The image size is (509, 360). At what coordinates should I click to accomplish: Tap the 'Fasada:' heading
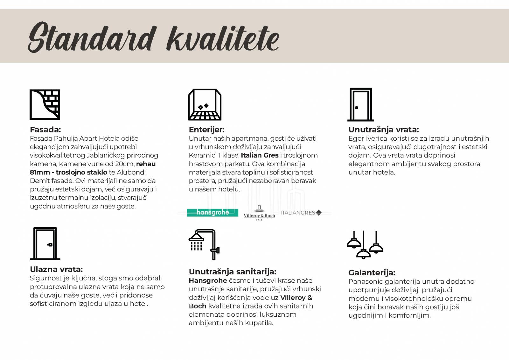click(x=45, y=130)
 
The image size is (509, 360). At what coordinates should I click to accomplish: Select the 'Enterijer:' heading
click(x=206, y=130)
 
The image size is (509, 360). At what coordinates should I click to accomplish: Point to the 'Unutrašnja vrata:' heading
click(x=383, y=130)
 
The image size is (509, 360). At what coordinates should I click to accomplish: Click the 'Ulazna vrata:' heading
click(x=56, y=269)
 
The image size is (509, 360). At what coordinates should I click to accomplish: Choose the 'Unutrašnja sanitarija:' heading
click(x=232, y=272)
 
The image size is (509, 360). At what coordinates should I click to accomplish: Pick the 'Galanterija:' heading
click(x=372, y=273)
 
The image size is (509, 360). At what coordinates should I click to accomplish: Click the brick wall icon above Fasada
click(x=45, y=104)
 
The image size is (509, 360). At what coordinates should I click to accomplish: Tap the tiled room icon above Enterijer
click(x=205, y=104)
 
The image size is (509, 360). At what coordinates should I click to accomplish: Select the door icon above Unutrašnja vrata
click(x=360, y=105)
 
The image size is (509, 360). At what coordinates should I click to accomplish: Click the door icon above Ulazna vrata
click(x=45, y=244)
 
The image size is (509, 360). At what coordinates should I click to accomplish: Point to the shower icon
click(x=204, y=244)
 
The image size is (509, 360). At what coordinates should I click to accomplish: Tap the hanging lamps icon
click(x=365, y=244)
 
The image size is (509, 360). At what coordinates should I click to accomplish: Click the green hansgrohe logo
click(x=212, y=213)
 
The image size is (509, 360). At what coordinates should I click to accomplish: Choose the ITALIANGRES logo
click(x=301, y=213)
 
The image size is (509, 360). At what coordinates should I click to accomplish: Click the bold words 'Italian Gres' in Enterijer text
click(x=260, y=155)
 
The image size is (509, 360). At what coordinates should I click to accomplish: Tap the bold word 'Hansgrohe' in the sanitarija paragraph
click(x=208, y=281)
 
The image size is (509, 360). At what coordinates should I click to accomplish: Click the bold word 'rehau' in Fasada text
click(x=146, y=164)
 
